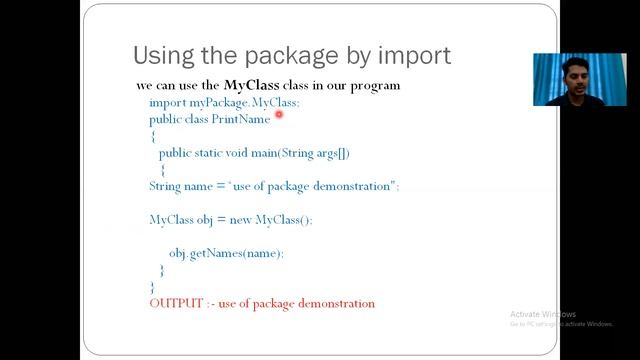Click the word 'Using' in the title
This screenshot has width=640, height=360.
(x=164, y=55)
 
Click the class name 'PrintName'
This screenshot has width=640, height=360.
(x=241, y=119)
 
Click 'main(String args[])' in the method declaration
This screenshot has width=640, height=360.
(x=299, y=153)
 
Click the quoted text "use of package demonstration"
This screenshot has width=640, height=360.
(x=313, y=186)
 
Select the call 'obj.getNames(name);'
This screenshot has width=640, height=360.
(x=226, y=253)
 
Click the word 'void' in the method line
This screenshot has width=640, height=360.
(x=244, y=153)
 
